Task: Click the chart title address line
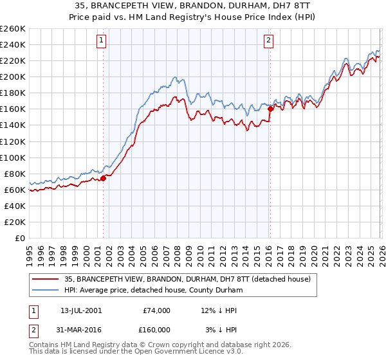192,6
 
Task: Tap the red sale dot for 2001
103,178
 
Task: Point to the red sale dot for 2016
270,109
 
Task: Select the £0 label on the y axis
20,238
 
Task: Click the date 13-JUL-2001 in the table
81,310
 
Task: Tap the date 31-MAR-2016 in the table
81,329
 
